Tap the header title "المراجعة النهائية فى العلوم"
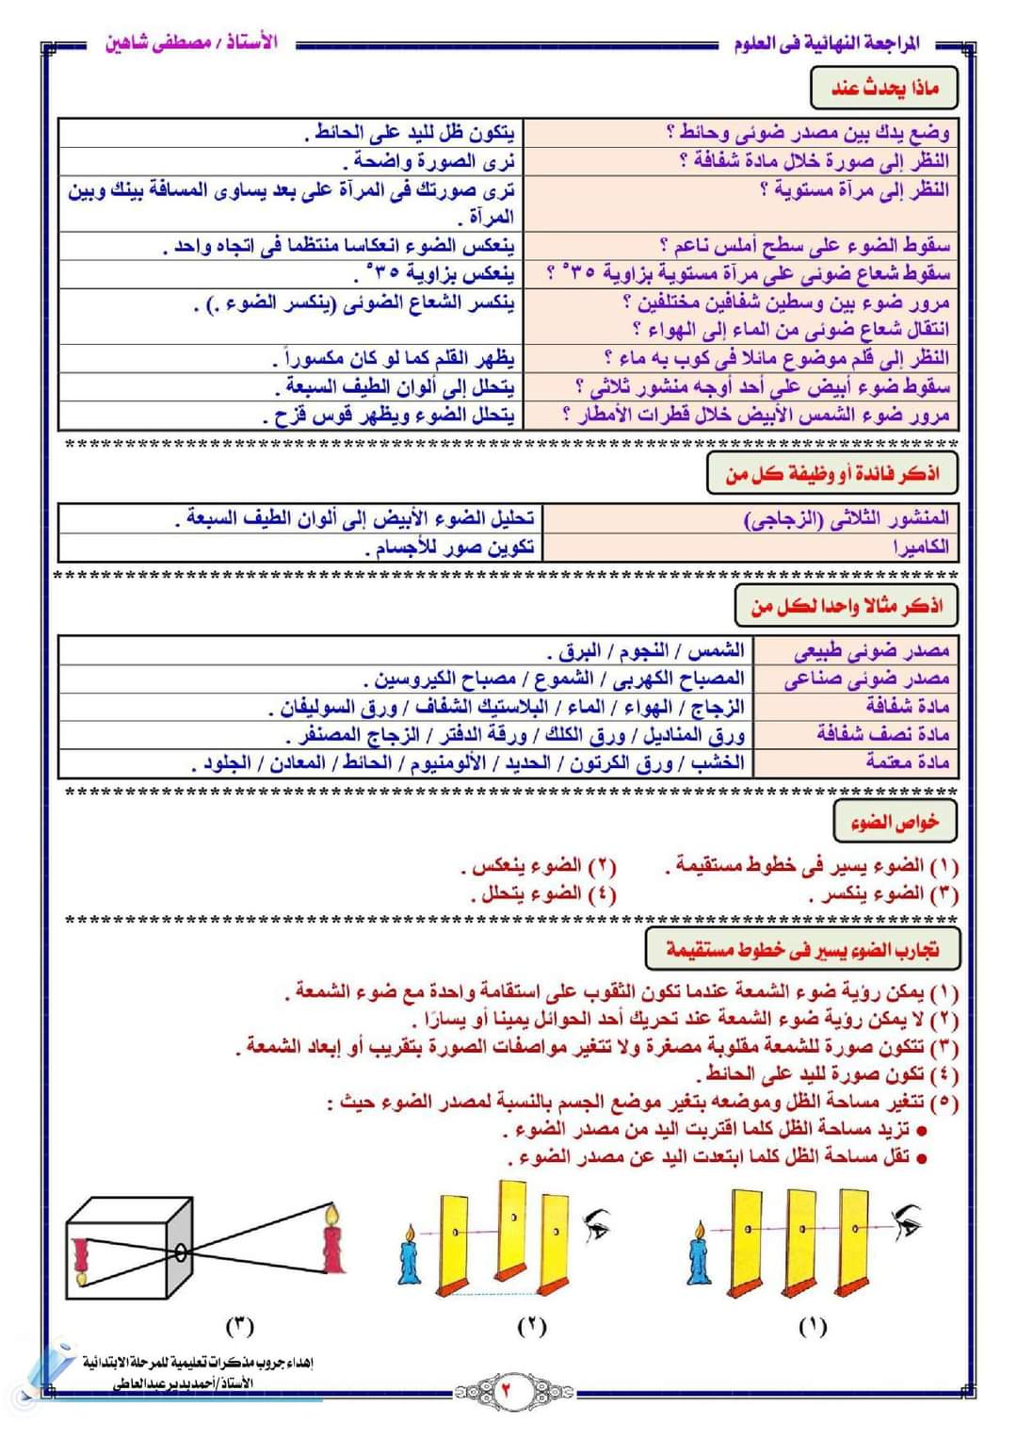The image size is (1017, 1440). tap(826, 44)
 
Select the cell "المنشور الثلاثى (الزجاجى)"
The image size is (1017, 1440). tap(847, 519)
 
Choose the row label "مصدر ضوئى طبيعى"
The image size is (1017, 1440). tap(871, 651)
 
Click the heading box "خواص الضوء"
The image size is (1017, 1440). tap(895, 822)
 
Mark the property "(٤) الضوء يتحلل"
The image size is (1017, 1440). tap(544, 893)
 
